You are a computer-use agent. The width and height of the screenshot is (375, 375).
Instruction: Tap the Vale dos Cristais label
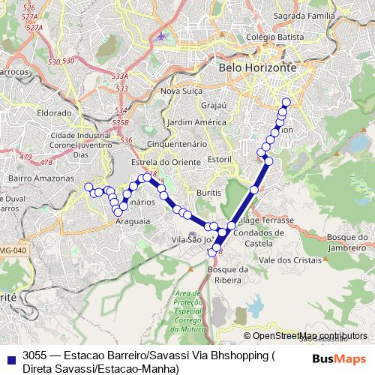click(x=284, y=259)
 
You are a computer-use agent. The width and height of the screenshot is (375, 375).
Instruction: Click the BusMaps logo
click(x=339, y=358)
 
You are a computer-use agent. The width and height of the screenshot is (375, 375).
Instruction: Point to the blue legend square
click(x=9, y=358)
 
